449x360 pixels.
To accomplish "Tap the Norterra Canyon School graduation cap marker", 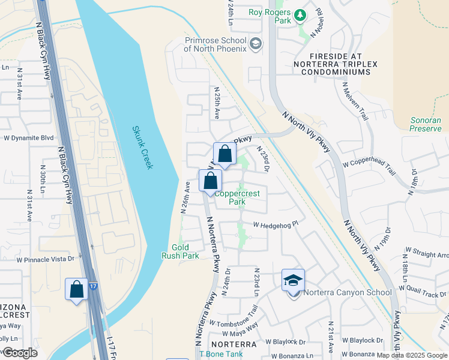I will tap(293, 280).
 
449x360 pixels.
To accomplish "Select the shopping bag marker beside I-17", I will tap(77, 289).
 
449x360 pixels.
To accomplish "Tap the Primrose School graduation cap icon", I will tap(256, 43).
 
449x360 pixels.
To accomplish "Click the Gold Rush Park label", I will tap(180, 251).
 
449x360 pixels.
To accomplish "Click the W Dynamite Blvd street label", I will tap(29, 137).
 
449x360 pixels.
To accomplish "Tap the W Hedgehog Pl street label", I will tap(276, 225).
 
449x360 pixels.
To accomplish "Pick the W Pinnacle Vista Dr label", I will tap(45, 260).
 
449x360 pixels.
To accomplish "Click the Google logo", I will tap(19, 353).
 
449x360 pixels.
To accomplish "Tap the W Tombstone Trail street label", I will tap(234, 316).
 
